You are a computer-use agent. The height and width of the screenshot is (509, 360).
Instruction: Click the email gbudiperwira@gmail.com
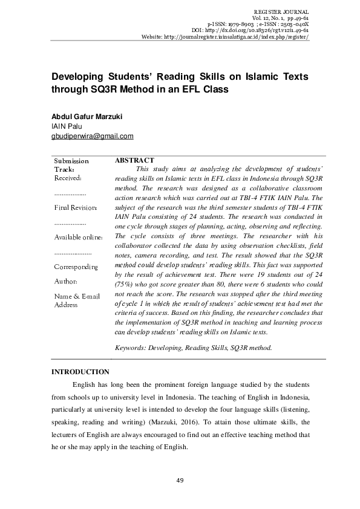click(x=92, y=136)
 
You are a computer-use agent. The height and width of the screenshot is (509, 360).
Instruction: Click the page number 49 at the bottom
click(x=180, y=480)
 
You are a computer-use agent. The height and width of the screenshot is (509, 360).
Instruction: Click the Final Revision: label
click(x=76, y=208)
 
